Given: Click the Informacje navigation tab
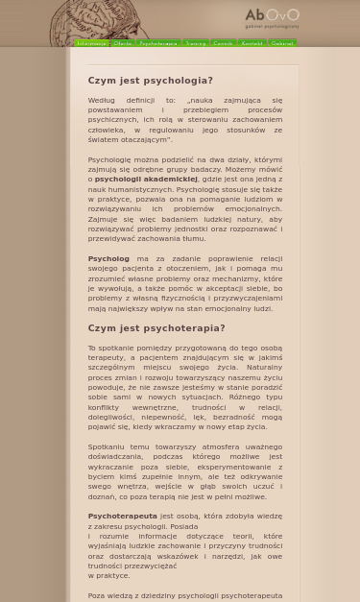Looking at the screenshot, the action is click(92, 43).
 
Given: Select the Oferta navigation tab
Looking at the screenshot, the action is click(123, 43).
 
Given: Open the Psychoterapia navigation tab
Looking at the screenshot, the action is click(158, 43).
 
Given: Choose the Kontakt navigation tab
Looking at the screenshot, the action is click(252, 43).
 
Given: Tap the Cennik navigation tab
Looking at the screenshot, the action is click(223, 43).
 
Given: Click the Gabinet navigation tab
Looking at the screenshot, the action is click(282, 43).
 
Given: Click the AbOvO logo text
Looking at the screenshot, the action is click(272, 15).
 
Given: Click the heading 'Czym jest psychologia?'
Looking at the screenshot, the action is click(150, 81).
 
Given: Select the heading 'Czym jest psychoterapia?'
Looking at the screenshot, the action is click(156, 328).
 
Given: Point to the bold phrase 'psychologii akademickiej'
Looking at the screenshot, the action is click(146, 180).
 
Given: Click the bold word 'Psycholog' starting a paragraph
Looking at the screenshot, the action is click(108, 258).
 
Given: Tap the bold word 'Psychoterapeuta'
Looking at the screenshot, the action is click(122, 517).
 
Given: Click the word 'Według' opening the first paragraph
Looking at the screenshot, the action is click(101, 100).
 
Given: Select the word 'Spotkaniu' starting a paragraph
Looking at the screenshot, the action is click(107, 447).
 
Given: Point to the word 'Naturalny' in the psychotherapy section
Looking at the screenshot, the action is click(264, 368).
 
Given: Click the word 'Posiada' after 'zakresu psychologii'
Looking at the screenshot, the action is click(183, 526).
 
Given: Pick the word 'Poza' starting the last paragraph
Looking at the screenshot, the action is click(96, 596).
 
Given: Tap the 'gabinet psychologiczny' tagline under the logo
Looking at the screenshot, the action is click(272, 27).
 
